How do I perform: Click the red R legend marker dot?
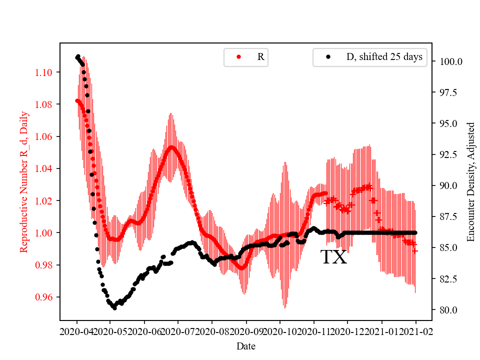[x=238, y=57]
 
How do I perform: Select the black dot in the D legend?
[x=328, y=57]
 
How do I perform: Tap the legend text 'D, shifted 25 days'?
[x=384, y=57]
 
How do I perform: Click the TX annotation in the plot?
[x=333, y=257]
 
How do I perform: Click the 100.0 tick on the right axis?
[x=450, y=61]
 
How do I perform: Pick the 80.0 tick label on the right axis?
[x=448, y=310]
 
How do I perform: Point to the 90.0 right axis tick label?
[x=448, y=185]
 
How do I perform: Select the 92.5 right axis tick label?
[x=448, y=154]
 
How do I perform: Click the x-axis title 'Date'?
[x=245, y=345]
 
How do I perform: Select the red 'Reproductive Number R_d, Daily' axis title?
[x=23, y=181]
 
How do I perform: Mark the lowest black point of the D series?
[x=114, y=308]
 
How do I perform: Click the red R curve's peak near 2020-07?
[x=171, y=146]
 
